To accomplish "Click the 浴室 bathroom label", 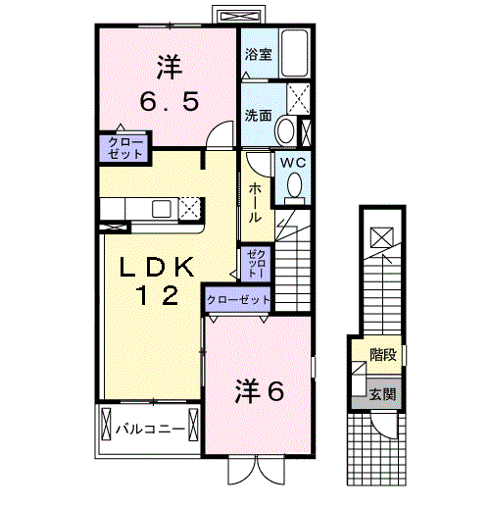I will pyautogui.click(x=259, y=54).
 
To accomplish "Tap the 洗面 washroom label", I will pyautogui.click(x=259, y=115).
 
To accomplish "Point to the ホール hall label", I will pyautogui.click(x=255, y=202).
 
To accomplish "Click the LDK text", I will pyautogui.click(x=160, y=267).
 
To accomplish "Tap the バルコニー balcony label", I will pyautogui.click(x=150, y=429).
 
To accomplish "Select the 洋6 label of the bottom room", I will pyautogui.click(x=259, y=391).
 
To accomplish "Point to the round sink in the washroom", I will pyautogui.click(x=286, y=129).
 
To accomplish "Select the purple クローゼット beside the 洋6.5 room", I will pyautogui.click(x=122, y=147).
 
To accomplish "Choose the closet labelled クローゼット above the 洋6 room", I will pyautogui.click(x=238, y=299).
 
